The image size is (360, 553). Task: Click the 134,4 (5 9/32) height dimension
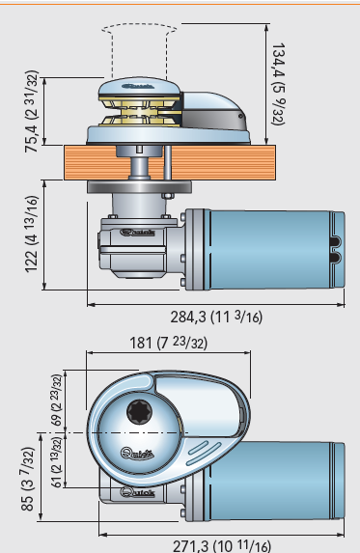(x=278, y=84)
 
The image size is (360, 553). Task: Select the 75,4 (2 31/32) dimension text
(x=32, y=111)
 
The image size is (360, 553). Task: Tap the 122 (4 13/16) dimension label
(x=31, y=235)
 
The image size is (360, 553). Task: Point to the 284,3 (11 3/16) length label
(x=216, y=317)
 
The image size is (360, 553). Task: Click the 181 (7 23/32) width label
(x=169, y=343)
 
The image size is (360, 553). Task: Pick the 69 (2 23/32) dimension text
(x=56, y=400)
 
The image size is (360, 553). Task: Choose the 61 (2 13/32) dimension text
(x=56, y=462)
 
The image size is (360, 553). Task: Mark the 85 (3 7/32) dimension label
(x=28, y=479)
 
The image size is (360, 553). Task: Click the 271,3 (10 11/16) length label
(x=222, y=546)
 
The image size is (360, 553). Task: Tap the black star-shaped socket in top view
(x=140, y=412)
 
